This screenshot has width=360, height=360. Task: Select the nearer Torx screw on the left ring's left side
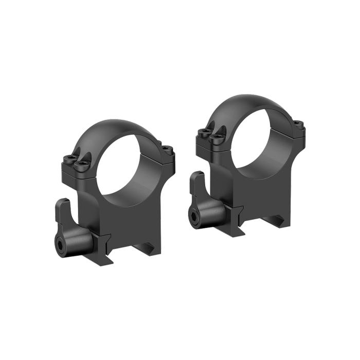(81, 166)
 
